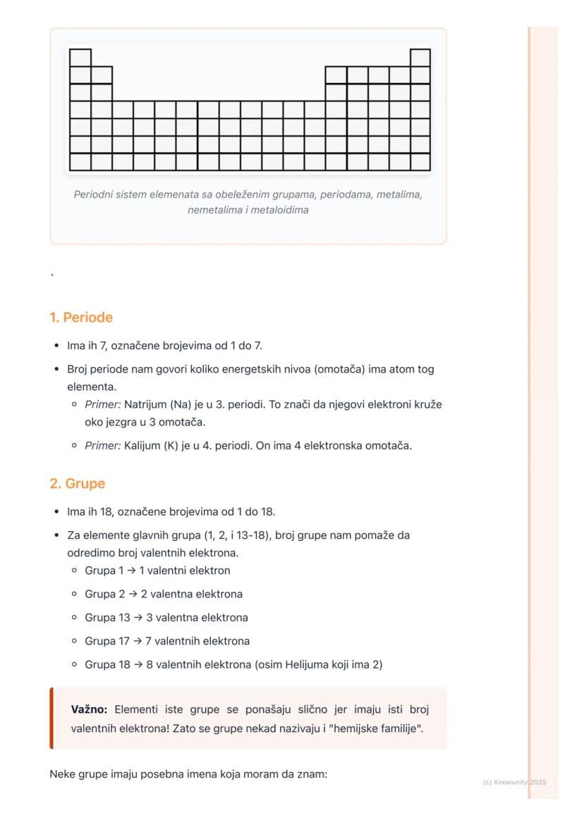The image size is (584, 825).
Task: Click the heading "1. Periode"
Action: click(81, 318)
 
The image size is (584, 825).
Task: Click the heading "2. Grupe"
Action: click(77, 484)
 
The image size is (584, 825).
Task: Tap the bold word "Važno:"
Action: click(89, 709)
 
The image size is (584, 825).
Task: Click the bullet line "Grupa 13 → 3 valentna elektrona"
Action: click(166, 618)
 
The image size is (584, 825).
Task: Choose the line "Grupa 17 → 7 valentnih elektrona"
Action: click(167, 641)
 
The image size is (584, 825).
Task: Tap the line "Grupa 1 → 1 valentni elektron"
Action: click(157, 571)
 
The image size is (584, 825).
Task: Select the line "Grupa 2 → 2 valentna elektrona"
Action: click(164, 594)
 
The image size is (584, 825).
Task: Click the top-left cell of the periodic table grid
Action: click(80, 58)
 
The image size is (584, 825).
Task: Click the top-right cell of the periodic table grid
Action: click(420, 58)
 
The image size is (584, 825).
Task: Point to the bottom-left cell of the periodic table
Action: click(80, 162)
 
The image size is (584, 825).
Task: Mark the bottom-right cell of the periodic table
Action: click(420, 162)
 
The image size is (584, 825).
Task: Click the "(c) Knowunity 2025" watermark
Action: click(514, 782)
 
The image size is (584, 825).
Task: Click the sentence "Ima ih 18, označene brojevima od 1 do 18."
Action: click(171, 512)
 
